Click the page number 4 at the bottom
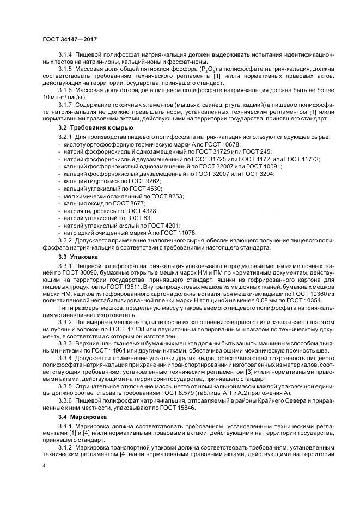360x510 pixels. (44, 466)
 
